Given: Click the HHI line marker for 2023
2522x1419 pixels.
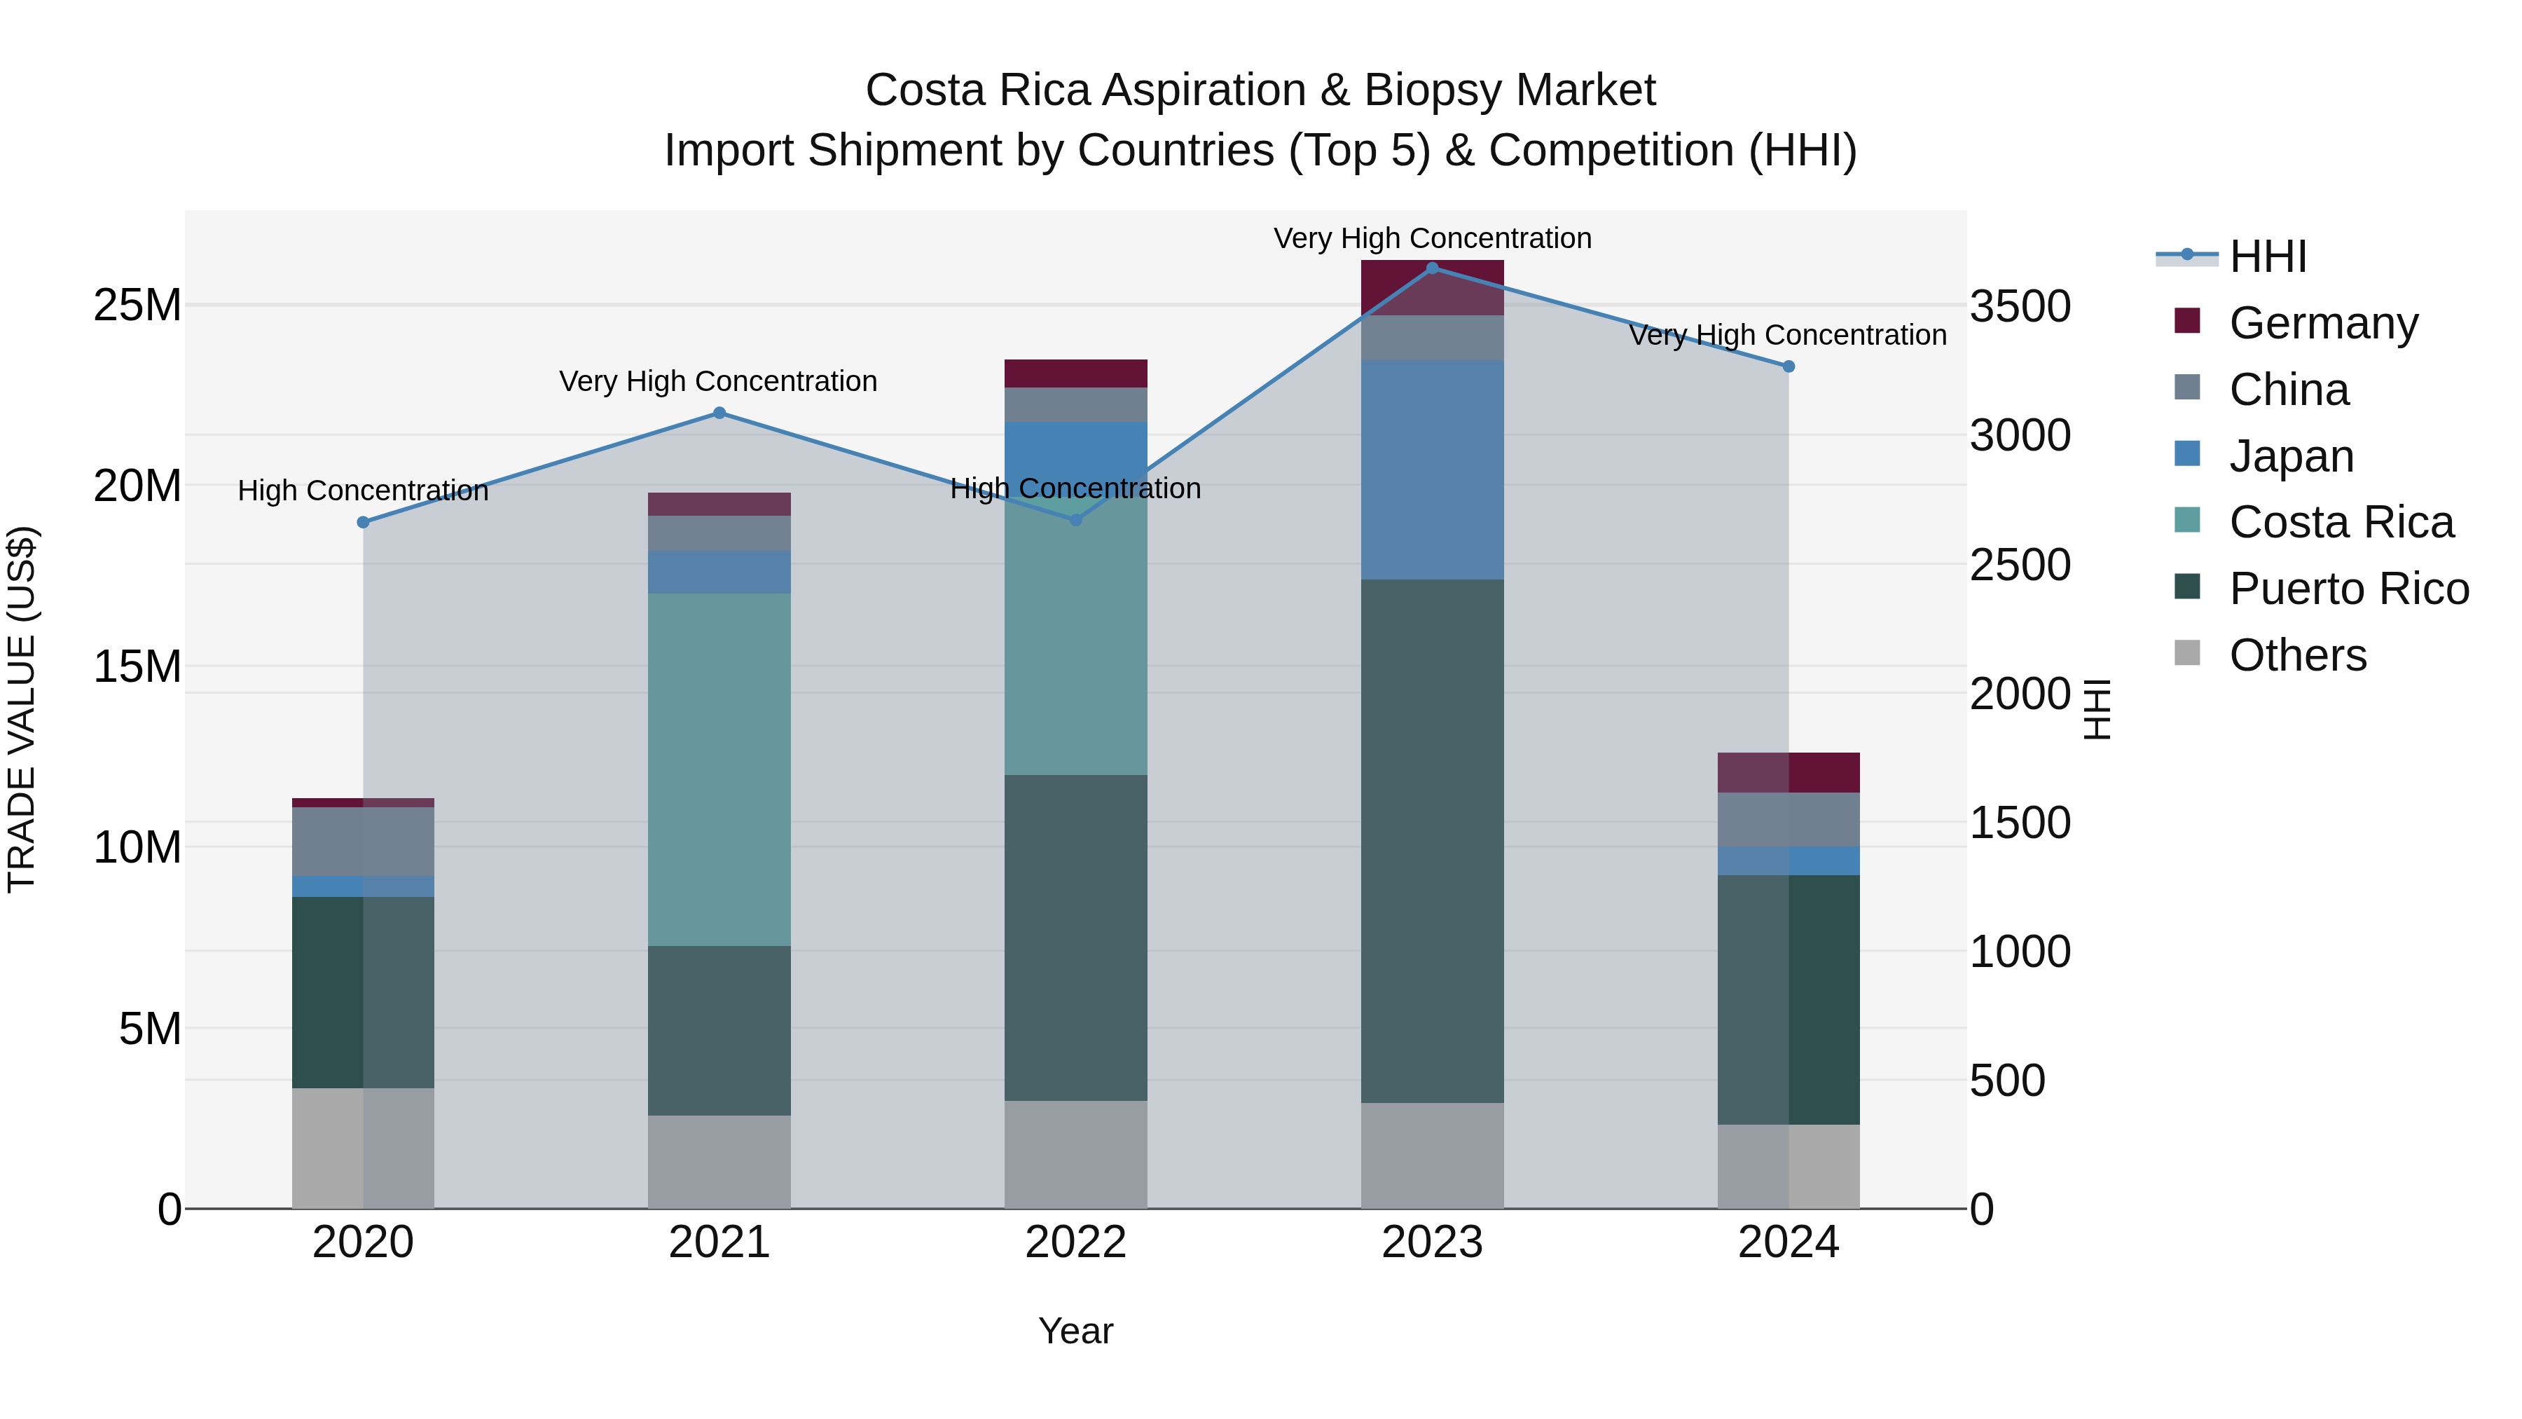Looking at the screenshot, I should point(1433,268).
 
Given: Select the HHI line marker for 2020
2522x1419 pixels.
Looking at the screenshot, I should point(363,522).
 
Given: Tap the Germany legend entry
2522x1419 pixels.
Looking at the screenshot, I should point(2322,323).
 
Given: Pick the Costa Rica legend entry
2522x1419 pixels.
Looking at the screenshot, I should point(2340,523).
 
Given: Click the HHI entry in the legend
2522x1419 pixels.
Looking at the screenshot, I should point(2268,256).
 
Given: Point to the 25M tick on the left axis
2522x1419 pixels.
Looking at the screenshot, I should point(137,306).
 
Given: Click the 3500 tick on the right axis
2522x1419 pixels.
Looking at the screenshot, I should point(2020,306).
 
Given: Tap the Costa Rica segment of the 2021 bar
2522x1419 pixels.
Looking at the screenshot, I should point(719,769).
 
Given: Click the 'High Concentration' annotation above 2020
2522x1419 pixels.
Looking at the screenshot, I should point(363,491).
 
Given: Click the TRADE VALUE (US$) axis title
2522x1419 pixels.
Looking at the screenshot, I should point(22,709).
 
